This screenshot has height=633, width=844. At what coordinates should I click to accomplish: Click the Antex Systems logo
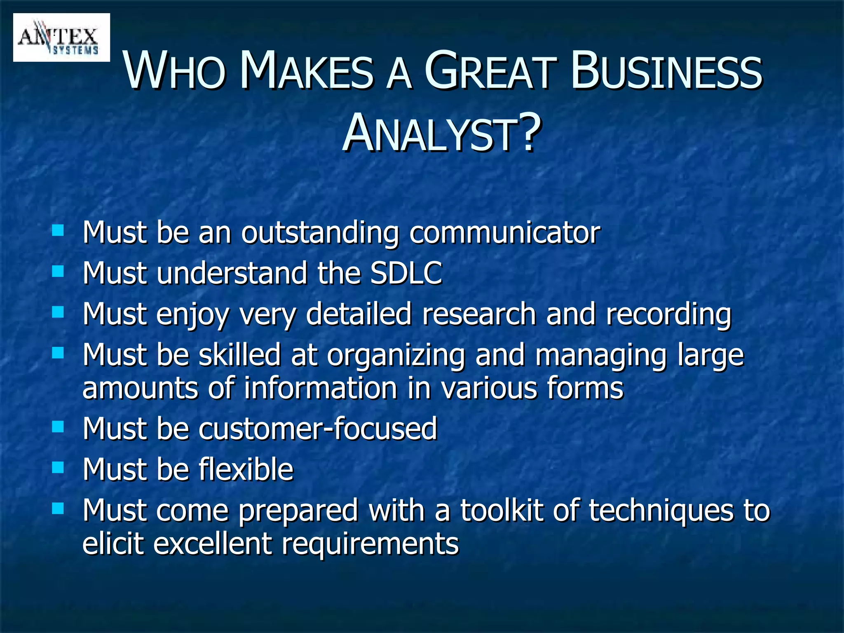[61, 38]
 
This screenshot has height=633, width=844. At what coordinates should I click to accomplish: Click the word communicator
[504, 233]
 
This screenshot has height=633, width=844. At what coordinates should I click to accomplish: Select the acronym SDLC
[406, 273]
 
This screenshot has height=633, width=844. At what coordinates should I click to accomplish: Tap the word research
[479, 314]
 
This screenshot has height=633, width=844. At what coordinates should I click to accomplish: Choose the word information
[320, 388]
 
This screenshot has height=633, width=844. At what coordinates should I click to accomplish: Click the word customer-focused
[318, 429]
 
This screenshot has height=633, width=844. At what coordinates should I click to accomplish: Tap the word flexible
[246, 469]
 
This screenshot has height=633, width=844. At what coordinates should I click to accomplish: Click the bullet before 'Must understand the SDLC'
[58, 271]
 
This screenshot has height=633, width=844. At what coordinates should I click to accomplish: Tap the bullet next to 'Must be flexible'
[58, 467]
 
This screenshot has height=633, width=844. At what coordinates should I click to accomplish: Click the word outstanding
[320, 233]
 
